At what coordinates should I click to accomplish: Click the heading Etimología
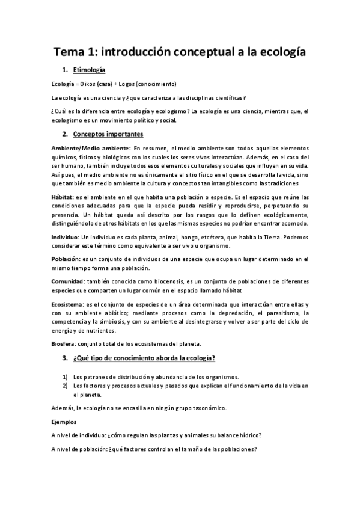tap(89, 70)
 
